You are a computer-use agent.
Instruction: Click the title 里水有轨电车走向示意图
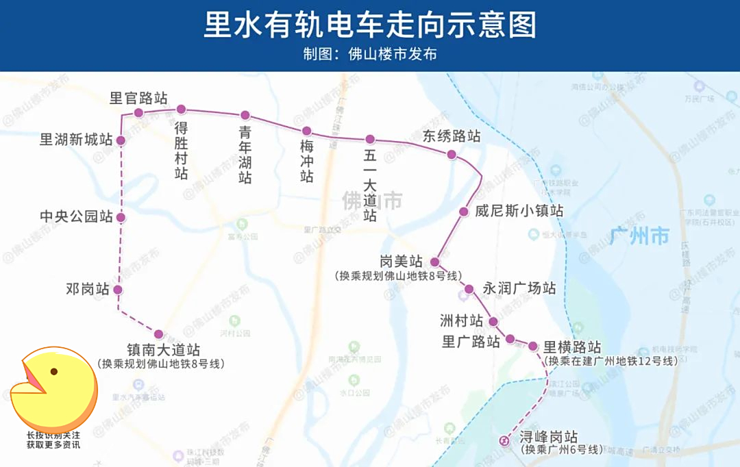370,25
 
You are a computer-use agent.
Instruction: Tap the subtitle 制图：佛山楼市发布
370,54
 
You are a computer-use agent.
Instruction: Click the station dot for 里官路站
138,113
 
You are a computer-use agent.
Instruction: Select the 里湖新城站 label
76,140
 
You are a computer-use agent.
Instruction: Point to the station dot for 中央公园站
121,218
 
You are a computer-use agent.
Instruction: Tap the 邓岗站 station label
88,290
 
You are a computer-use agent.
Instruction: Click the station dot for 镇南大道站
159,334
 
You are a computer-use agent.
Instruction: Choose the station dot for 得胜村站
182,110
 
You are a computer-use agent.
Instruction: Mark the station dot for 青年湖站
245,115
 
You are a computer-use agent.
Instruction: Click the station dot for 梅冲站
306,131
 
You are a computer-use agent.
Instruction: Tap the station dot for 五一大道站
370,140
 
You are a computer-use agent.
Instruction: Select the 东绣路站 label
452,136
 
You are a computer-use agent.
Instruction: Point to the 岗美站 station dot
434,262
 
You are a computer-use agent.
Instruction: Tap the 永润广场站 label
519,288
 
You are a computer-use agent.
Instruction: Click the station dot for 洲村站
493,321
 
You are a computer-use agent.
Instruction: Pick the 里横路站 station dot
532,346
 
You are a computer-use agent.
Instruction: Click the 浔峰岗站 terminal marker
505,440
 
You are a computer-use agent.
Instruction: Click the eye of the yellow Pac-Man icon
54,372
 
